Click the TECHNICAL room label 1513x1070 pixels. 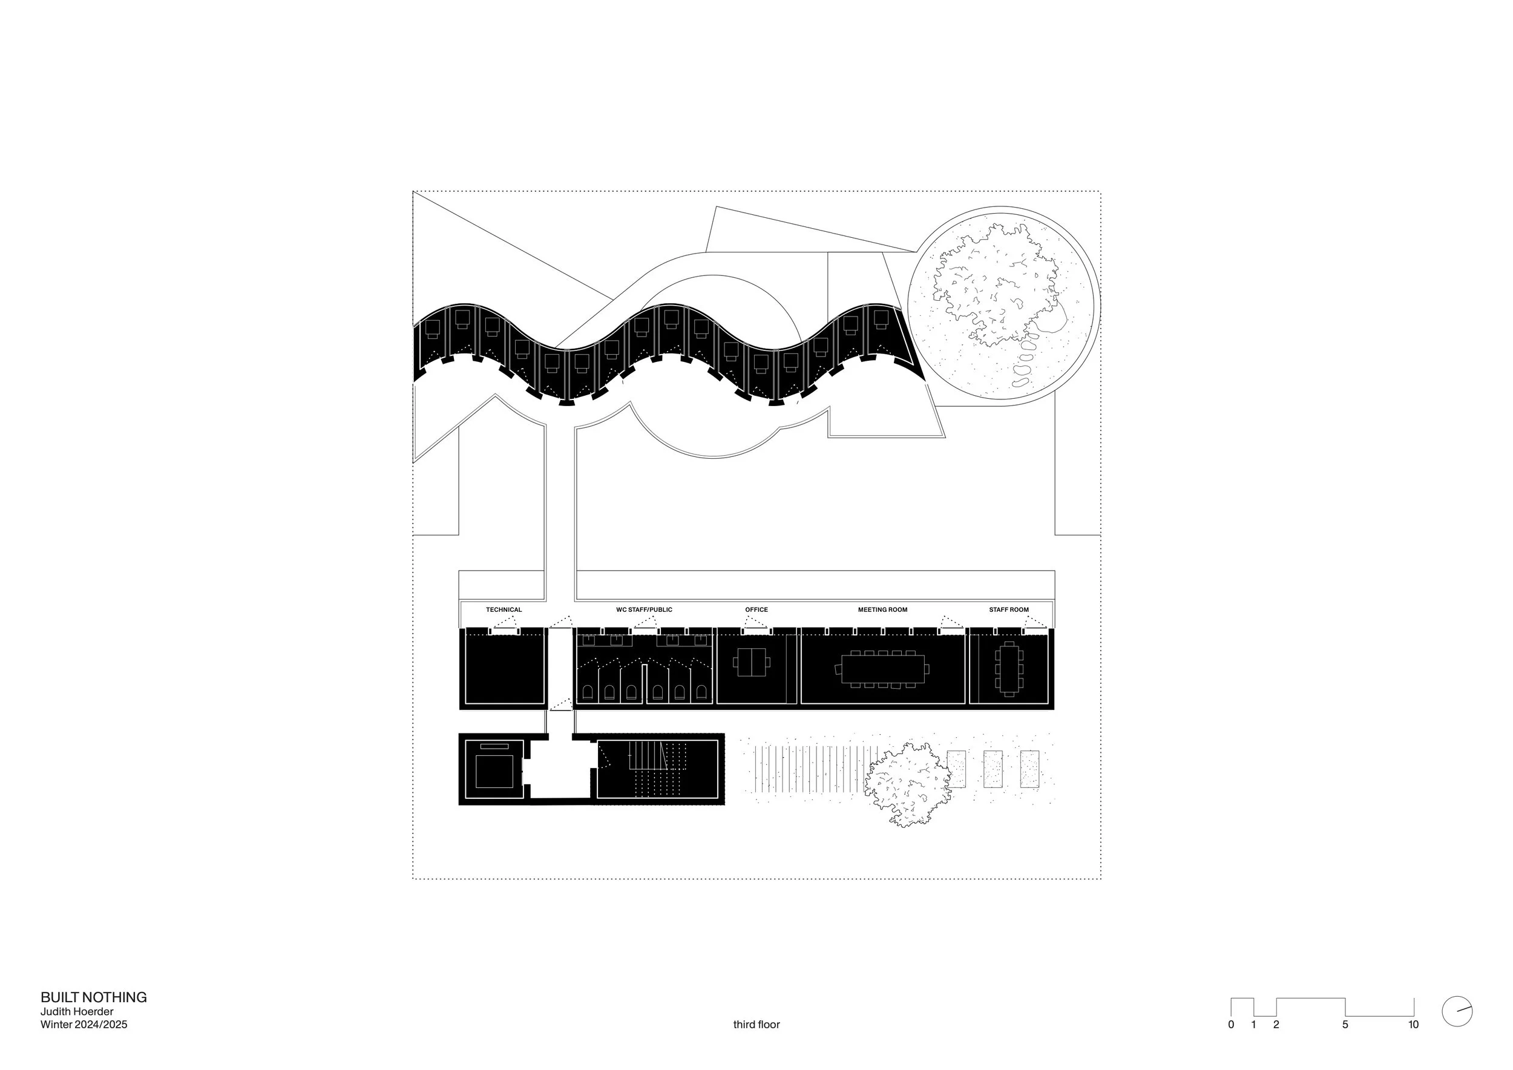504,609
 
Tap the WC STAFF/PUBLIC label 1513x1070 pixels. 644,609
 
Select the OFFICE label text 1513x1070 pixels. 756,609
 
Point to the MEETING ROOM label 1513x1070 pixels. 882,609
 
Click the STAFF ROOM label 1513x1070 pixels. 1008,609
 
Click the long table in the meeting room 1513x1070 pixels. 882,669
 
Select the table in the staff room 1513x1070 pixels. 1009,668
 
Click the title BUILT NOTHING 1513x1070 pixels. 94,997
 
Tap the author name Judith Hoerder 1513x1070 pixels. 77,1011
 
